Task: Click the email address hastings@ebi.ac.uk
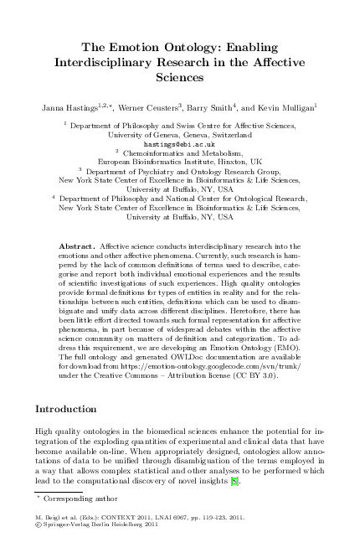179,143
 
